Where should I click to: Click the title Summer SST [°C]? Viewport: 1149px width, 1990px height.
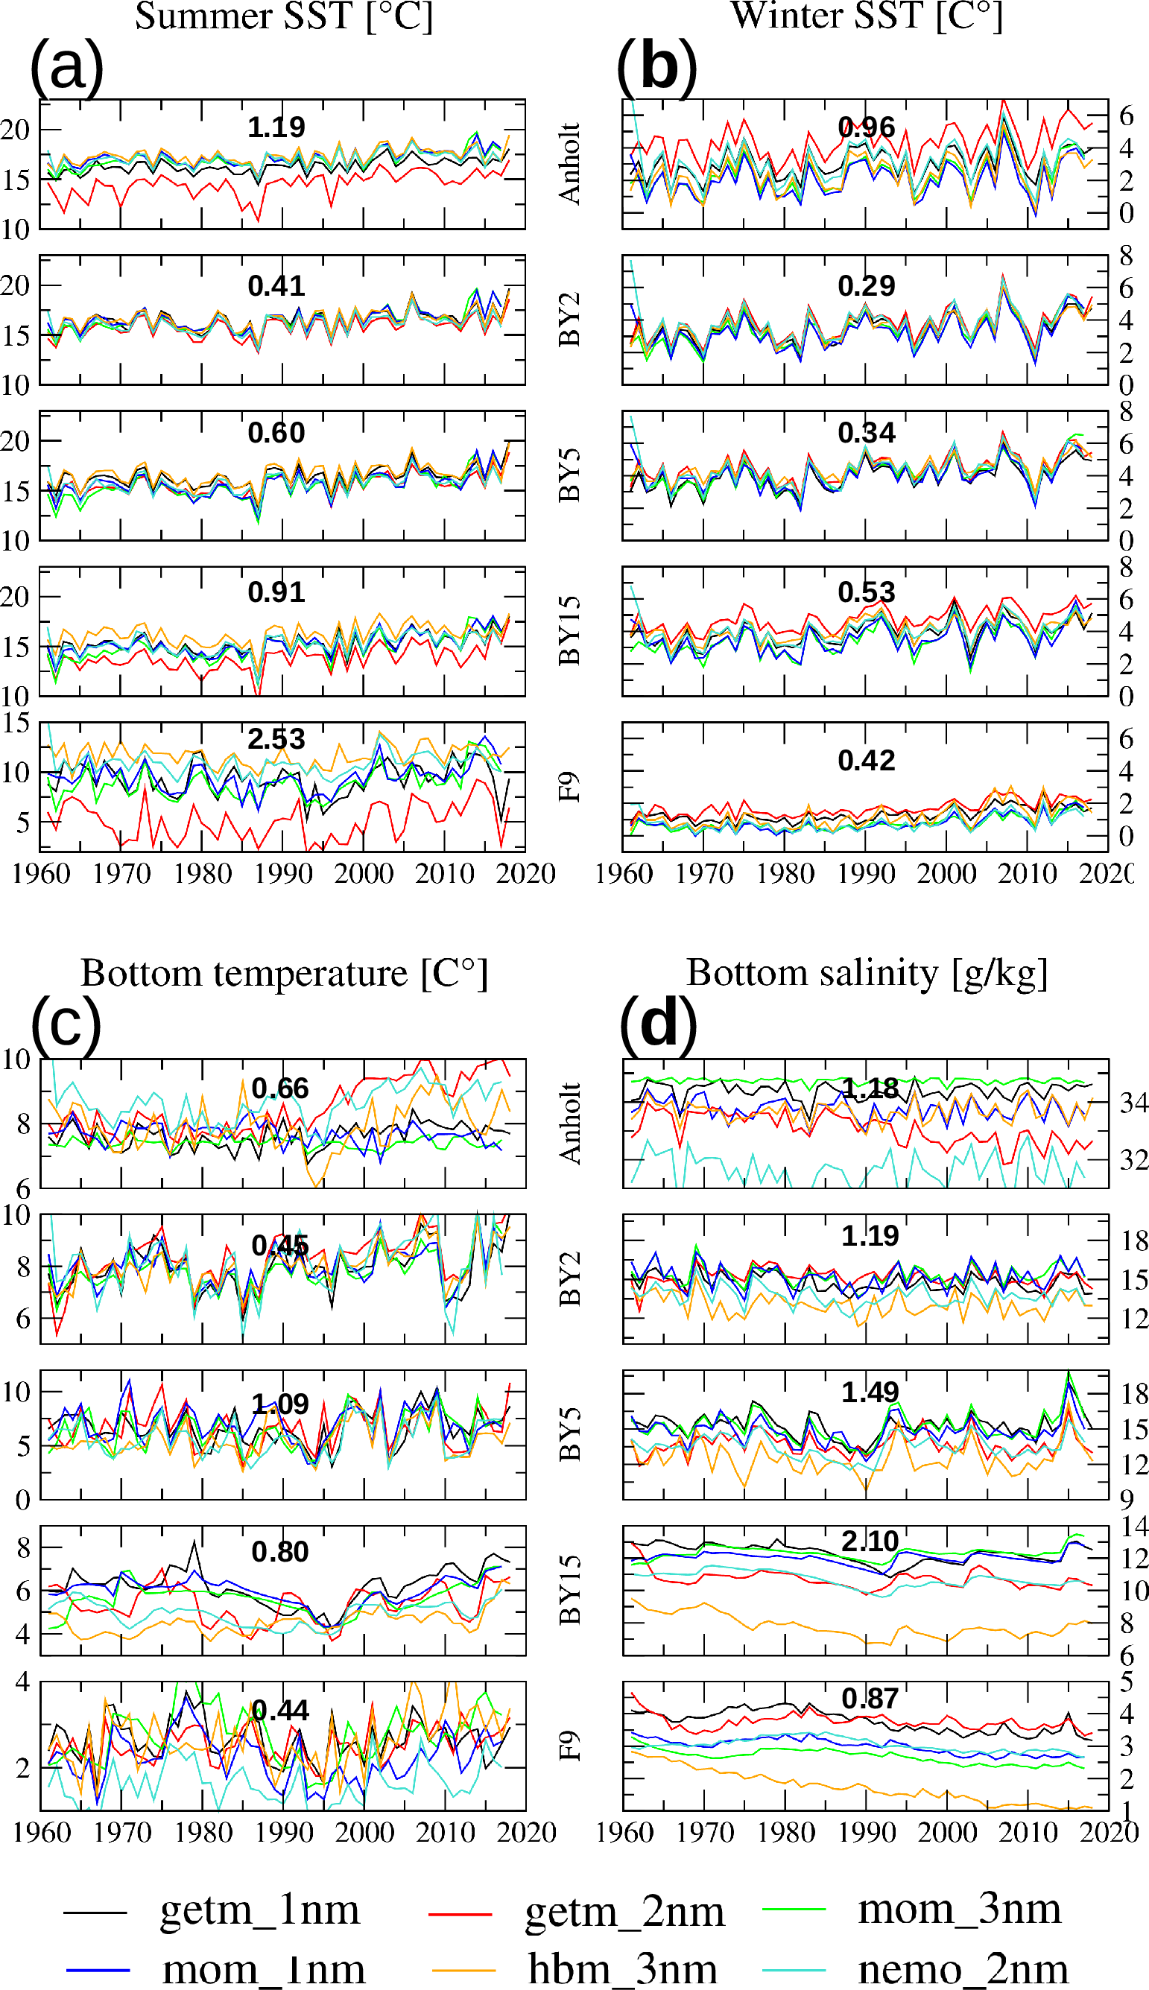pyautogui.click(x=284, y=16)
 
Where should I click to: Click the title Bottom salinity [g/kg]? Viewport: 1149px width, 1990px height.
pyautogui.click(x=867, y=973)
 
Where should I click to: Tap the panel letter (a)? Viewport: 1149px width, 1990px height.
pyautogui.click(x=67, y=67)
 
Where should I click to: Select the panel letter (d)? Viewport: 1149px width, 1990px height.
pyautogui.click(x=658, y=1025)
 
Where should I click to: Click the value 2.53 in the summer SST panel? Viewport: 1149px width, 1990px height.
pyautogui.click(x=276, y=739)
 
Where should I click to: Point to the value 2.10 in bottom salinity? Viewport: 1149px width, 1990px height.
pyautogui.click(x=870, y=1541)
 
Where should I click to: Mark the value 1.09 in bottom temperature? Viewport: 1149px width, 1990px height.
pyautogui.click(x=280, y=1404)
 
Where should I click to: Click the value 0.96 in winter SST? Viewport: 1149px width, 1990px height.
pyautogui.click(x=867, y=128)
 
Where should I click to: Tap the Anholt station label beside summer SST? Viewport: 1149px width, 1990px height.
pyautogui.click(x=570, y=163)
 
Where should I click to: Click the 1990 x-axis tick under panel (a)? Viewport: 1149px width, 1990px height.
pyautogui.click(x=283, y=873)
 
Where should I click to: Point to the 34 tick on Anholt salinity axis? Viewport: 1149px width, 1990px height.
pyautogui.click(x=1134, y=1103)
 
